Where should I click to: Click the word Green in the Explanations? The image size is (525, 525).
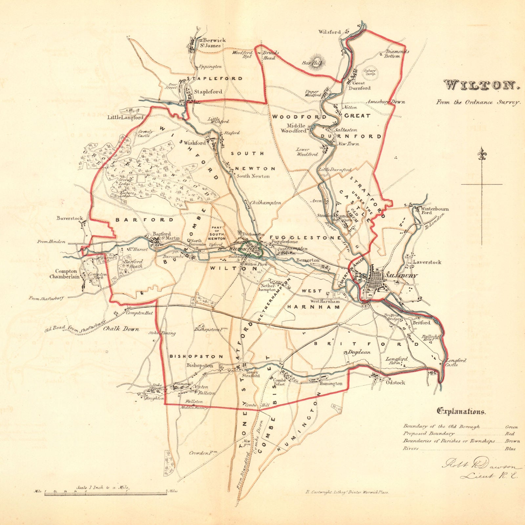coord(511,427)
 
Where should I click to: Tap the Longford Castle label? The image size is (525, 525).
coord(456,362)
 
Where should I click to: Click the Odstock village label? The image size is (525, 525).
coord(395,382)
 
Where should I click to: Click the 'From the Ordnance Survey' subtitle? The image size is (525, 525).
coord(478,102)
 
